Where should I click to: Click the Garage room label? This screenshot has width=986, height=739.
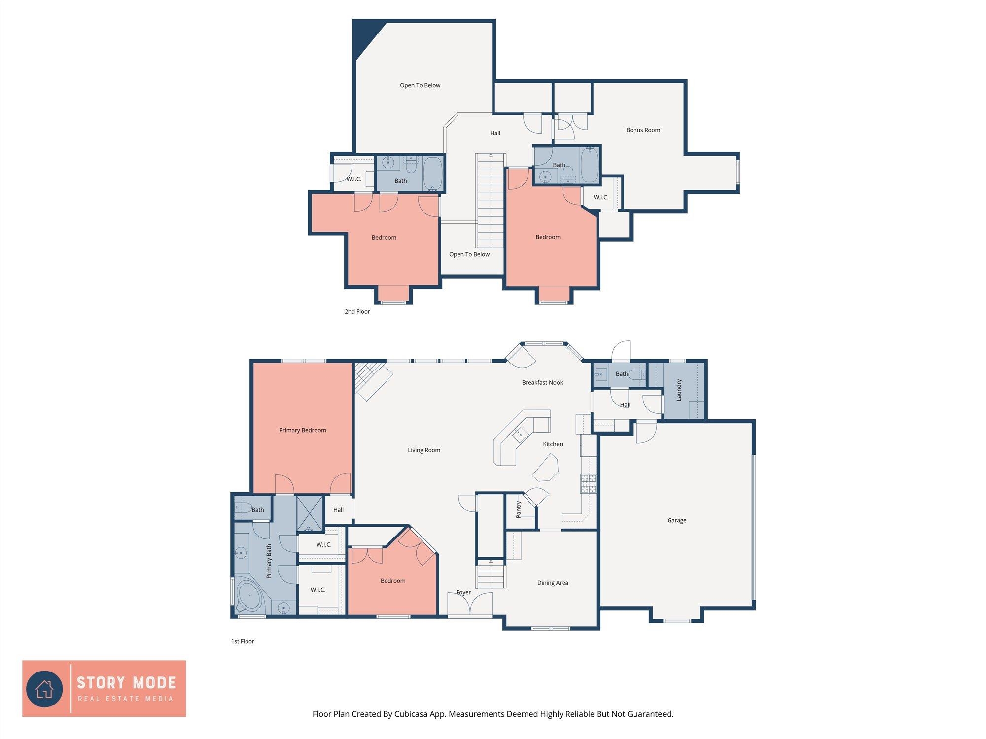pos(676,520)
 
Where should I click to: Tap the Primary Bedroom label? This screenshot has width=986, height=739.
pos(303,430)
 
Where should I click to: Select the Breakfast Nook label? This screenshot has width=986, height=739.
pos(542,382)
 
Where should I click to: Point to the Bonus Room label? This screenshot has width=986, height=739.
pos(643,130)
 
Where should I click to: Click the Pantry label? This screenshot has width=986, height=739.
pos(519,509)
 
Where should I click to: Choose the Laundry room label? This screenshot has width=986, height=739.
pos(679,390)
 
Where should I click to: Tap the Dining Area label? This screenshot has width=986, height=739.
pos(553,583)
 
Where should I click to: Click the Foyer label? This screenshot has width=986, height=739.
pos(463,592)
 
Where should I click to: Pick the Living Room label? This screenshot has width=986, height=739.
pos(424,450)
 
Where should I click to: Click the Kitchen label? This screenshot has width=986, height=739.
pos(553,444)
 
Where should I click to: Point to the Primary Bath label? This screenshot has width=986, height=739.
pos(269,561)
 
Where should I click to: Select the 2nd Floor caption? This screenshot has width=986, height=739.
pos(357,311)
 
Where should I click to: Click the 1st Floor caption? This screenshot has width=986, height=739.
pos(243,641)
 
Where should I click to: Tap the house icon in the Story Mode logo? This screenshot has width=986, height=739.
pos(44,689)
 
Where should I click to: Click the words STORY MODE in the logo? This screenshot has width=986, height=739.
pos(126,683)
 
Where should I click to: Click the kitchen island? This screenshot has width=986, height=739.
pos(545,467)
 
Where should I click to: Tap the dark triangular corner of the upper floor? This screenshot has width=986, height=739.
pos(365,34)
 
